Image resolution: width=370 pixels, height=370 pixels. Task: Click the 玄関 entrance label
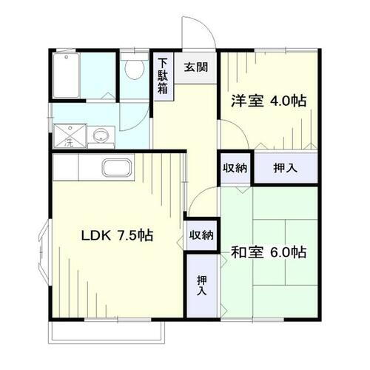coord(196,67)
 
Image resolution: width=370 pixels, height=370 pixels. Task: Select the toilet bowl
coord(135,70)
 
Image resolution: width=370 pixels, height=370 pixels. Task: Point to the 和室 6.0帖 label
coord(269,252)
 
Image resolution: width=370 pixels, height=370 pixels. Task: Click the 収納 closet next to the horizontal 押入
coord(235,167)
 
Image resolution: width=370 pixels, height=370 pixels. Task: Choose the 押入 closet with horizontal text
coord(286,168)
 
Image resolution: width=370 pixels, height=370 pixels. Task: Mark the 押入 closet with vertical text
coord(201,285)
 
